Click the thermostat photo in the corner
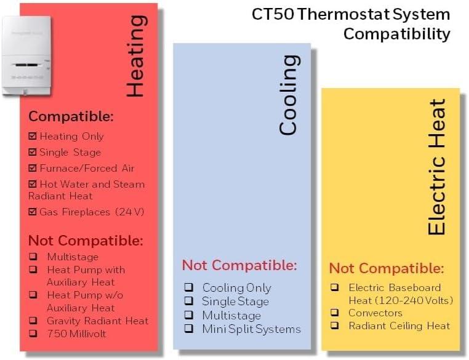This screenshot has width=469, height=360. click(26, 55)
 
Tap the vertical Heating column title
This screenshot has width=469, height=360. click(135, 56)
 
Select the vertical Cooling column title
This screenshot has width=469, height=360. click(287, 95)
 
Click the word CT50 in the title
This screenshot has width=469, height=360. click(273, 14)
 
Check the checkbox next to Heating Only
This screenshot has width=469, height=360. click(33, 136)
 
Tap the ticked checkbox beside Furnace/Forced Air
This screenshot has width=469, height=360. click(33, 168)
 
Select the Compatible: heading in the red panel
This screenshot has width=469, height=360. click(71, 116)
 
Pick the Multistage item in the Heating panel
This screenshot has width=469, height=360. click(73, 257)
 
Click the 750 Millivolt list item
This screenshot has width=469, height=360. click(76, 334)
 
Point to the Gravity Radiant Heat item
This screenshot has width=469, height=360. click(97, 321)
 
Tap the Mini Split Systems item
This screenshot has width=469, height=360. click(251, 329)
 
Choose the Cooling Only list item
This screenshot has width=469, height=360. click(236, 287)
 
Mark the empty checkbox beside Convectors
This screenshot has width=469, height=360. click(335, 313)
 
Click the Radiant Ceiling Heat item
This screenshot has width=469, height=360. click(399, 326)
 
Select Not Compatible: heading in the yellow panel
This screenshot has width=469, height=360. click(387, 268)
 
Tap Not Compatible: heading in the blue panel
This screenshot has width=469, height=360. click(239, 265)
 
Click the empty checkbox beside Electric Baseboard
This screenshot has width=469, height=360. click(335, 287)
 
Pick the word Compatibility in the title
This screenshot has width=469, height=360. click(396, 33)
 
